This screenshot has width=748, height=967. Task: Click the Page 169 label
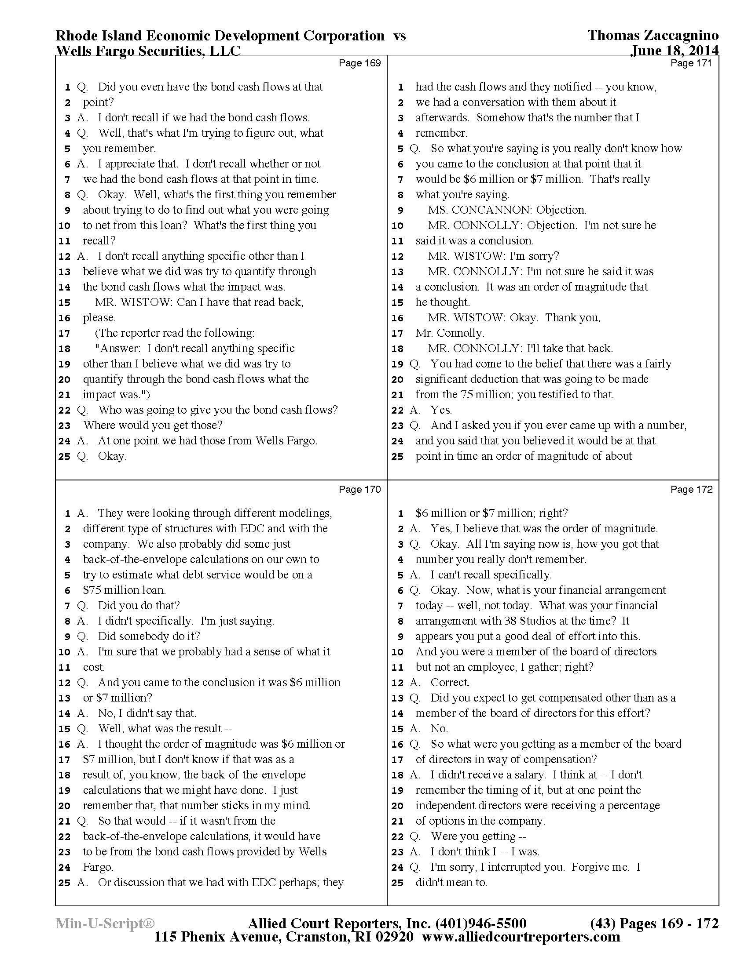[x=359, y=63]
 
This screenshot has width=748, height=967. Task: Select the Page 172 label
[x=691, y=489]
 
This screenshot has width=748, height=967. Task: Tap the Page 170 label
[x=359, y=489]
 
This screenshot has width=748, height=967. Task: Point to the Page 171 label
[x=691, y=63]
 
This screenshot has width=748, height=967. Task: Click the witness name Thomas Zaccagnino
[x=653, y=36]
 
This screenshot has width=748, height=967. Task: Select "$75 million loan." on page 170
[x=124, y=590]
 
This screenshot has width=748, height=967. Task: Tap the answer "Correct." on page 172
[x=450, y=682]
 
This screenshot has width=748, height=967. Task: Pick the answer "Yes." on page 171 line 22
[x=441, y=410]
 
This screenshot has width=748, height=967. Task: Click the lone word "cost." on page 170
[x=94, y=667]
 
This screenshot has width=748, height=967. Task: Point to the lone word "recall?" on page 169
[x=99, y=241]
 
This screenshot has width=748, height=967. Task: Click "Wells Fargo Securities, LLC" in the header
[x=148, y=51]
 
